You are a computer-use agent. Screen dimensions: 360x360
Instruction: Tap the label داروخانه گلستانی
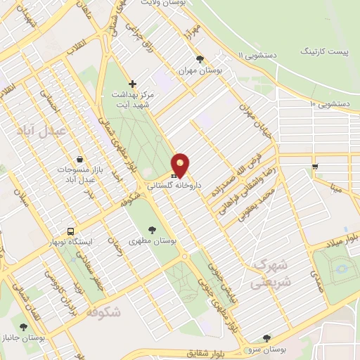click(174, 186)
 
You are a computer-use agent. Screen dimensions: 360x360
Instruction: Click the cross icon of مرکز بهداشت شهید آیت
click(131, 84)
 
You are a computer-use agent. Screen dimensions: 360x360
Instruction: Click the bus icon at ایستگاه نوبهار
click(70, 231)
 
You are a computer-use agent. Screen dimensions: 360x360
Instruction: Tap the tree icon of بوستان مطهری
click(153, 229)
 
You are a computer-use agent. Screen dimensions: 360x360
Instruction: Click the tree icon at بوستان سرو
click(266, 338)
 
